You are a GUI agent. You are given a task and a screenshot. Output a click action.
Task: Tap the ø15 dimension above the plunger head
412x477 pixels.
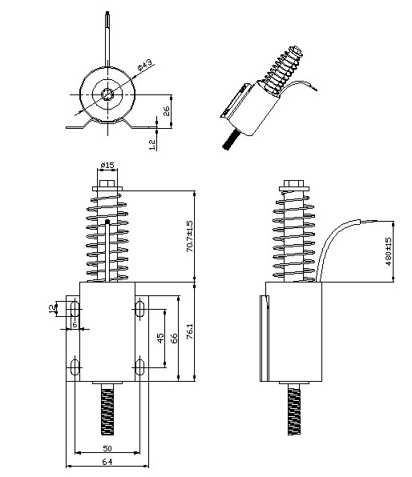(107, 166)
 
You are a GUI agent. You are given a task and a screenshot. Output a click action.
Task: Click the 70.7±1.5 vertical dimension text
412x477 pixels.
(189, 237)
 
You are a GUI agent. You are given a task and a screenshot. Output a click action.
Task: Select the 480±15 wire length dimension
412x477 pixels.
(389, 251)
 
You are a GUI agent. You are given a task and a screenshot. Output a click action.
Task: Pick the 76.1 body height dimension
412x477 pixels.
(189, 331)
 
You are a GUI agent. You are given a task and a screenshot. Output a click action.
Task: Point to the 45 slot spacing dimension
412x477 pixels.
(160, 337)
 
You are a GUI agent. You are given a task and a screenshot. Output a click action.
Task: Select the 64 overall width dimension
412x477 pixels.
(107, 461)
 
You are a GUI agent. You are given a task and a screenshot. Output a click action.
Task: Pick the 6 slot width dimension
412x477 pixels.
(75, 324)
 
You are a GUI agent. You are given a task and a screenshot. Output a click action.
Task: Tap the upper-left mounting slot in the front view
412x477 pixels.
(75, 308)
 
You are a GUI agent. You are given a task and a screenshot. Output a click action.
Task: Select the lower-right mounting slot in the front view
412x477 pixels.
(139, 368)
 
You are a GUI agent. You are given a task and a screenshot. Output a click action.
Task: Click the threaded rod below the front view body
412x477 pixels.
(107, 407)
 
